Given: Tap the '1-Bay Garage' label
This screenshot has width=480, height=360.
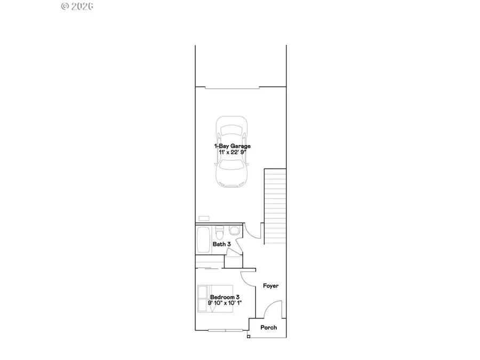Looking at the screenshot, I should (x=233, y=146).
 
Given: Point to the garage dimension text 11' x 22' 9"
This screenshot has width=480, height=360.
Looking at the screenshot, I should (x=233, y=152).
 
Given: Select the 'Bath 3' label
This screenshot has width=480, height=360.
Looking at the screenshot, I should (x=221, y=244).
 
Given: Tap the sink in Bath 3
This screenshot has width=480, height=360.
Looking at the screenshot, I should (x=234, y=231).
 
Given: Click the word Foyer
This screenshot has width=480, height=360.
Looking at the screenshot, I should (x=271, y=286).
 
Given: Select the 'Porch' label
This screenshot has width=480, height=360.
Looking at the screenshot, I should (x=268, y=327).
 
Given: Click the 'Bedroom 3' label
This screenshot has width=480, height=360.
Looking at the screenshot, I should (x=225, y=297).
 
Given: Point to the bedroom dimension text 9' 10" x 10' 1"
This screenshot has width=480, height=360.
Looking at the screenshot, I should (x=225, y=303).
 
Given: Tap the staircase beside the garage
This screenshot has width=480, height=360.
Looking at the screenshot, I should (x=275, y=205).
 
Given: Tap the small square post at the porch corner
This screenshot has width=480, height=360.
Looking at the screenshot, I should (x=249, y=337).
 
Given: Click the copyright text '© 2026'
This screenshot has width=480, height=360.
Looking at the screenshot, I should (x=77, y=6).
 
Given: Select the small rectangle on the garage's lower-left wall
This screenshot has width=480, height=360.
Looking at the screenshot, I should (x=204, y=218).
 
